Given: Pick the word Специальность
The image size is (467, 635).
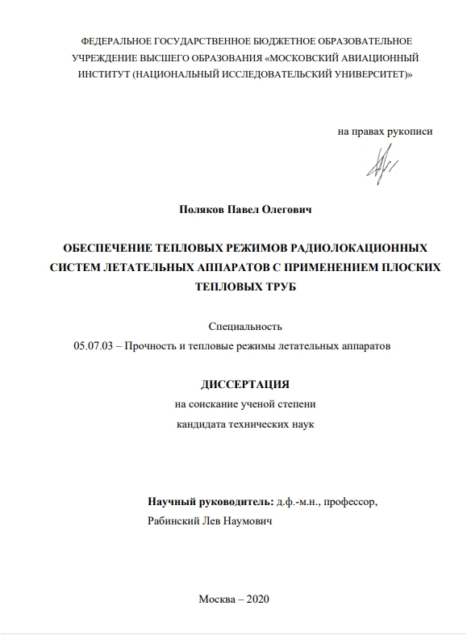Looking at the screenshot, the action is point(245,327).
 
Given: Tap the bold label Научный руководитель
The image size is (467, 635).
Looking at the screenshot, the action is point(211,502).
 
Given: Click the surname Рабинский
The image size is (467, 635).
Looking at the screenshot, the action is point(172,521).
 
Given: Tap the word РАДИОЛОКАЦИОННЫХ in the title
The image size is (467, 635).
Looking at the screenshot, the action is point(359,248).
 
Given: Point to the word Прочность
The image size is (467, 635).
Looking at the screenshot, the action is point(152,345).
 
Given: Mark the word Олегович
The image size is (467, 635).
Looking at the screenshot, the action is point(287,209).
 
